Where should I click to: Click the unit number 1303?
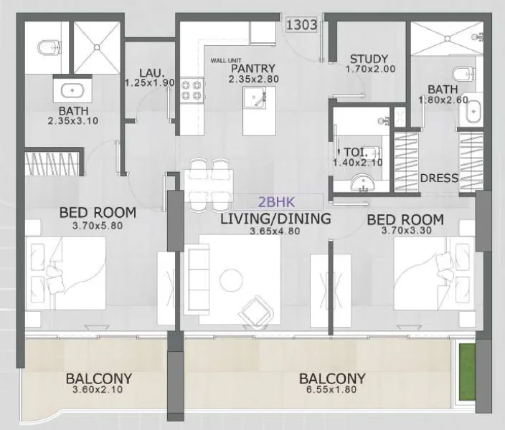tap(302, 24)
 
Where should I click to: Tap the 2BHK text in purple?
tap(277, 203)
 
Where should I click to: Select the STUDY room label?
tap(369, 59)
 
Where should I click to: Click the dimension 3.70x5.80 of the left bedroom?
tap(98, 226)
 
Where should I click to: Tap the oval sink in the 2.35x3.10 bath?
tap(71, 91)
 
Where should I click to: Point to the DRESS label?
tap(439, 178)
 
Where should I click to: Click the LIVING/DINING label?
tap(276, 219)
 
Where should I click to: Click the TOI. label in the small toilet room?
tap(355, 152)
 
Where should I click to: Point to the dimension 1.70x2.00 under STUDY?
tap(369, 70)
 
